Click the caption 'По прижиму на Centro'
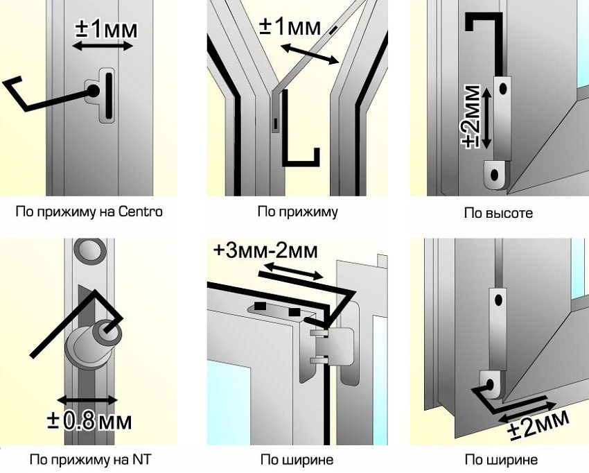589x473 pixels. pos(89,212)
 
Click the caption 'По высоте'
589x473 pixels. pos(498,213)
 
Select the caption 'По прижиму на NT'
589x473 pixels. pos(90,459)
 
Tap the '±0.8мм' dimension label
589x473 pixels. pos(89,421)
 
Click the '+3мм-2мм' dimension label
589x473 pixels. pos(265,251)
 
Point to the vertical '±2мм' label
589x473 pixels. pos(471,117)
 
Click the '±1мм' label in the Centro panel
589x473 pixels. pos(106,28)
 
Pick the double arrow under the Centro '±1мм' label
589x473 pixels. pos(103,46)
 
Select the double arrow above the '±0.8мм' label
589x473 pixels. pos(87,399)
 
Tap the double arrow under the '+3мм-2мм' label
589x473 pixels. pos(293,271)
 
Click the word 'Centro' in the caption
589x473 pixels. pos(141,212)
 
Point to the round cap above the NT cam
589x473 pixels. pos(89,251)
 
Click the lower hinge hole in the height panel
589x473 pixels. pos(495,175)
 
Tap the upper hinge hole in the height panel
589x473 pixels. pos(502,89)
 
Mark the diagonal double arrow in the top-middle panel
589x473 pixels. pos(310,54)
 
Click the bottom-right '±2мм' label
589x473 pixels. pos(538,423)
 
